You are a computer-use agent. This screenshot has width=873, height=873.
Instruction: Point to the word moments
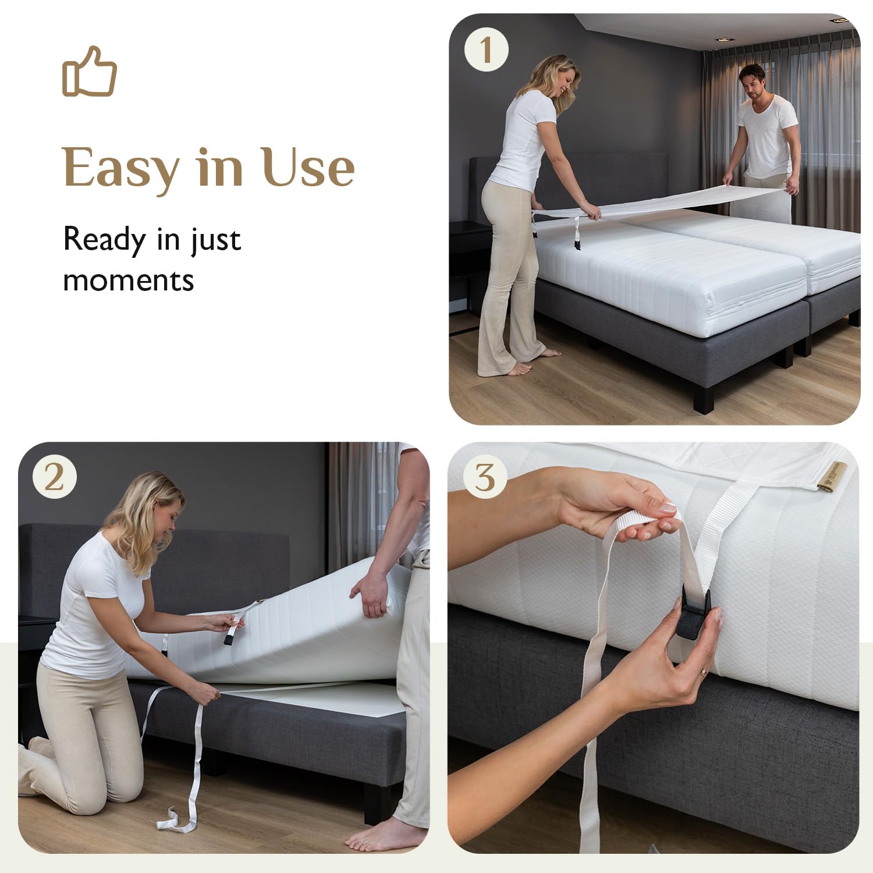pos(128,281)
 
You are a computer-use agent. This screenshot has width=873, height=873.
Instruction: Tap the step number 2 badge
pos(54,478)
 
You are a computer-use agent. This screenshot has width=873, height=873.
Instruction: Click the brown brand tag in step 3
pos(826,476)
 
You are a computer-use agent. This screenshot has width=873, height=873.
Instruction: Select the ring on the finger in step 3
pos(704,672)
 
